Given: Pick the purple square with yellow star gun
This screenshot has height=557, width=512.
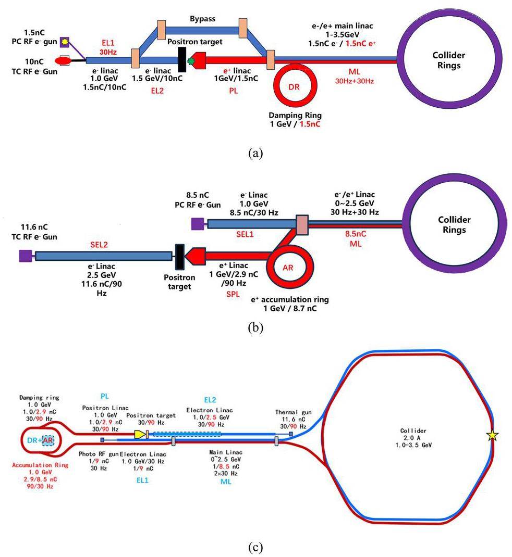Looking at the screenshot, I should point(64,41).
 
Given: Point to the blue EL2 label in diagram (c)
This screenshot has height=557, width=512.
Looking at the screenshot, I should point(210,400).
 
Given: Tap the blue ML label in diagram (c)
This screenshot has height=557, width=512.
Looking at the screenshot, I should point(225,482).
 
